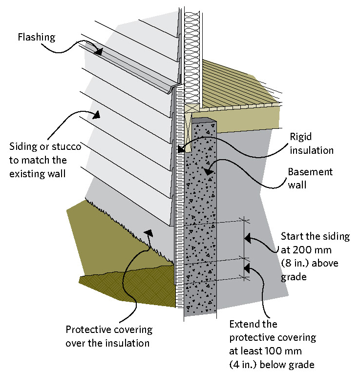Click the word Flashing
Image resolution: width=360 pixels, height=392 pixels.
tap(37, 37)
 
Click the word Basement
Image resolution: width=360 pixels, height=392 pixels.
tap(310, 172)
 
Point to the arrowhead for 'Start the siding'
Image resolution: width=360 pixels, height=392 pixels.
tap(247, 238)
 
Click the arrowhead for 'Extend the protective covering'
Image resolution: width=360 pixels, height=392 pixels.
tap(247, 268)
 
